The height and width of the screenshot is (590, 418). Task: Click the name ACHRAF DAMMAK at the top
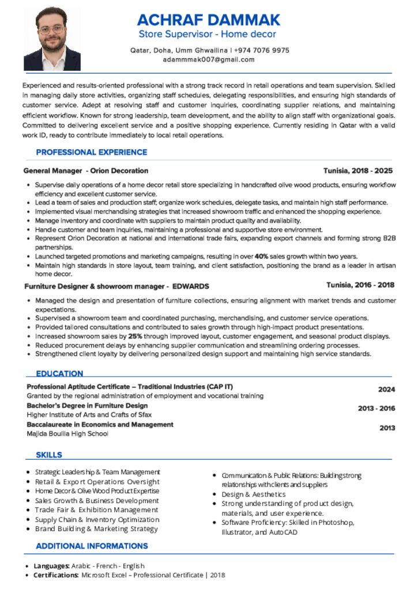209,20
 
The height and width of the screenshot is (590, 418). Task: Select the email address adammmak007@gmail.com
209,59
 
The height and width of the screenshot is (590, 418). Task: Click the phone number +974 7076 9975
262,50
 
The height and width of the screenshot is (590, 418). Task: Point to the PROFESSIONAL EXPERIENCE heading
92,152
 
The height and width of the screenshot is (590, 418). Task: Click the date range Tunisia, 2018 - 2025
357,171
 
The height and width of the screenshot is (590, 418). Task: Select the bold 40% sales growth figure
262,256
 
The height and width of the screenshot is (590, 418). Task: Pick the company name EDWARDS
191,286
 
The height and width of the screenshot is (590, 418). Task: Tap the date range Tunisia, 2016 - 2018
360,285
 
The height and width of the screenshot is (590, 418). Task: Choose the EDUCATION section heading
59,373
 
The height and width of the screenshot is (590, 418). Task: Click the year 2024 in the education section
386,389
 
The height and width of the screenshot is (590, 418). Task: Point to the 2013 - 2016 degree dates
376,409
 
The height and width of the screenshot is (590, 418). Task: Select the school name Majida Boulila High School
67,433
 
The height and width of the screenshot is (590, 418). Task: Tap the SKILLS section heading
49,455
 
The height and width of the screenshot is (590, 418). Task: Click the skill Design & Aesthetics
253,494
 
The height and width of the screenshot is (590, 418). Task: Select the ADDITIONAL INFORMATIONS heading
92,546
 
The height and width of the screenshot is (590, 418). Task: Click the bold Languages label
52,566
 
